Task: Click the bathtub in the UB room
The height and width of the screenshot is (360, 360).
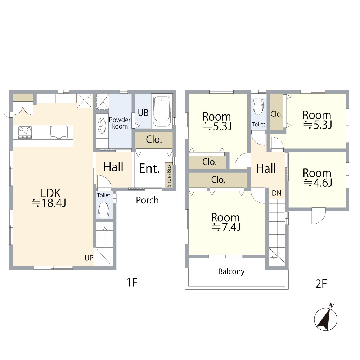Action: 162,111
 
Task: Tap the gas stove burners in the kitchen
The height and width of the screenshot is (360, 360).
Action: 25,132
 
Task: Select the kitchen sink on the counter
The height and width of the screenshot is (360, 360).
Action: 59,132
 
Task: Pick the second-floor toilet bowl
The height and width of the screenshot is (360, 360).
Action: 258,106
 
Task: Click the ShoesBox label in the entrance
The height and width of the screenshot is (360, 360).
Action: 169,175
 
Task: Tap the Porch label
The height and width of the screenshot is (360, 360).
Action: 147,200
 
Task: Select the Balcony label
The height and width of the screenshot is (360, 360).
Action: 231,271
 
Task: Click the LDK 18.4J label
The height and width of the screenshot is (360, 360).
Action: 49,198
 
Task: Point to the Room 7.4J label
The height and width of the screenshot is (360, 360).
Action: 225,222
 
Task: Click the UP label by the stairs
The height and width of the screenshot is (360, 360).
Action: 89,258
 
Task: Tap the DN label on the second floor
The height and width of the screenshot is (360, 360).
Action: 276,193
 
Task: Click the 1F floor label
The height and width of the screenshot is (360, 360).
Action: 132,282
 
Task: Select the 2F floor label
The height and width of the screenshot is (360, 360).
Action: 321,284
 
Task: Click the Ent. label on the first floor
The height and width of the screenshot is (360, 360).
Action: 149,168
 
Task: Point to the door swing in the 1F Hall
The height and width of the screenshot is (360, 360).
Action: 104,181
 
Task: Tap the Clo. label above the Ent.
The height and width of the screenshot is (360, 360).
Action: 154,139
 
